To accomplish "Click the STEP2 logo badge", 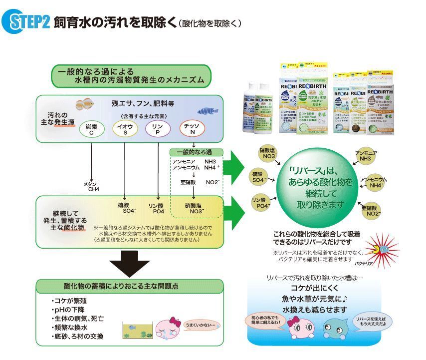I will (26, 23).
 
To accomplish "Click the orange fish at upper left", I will (85, 104).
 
